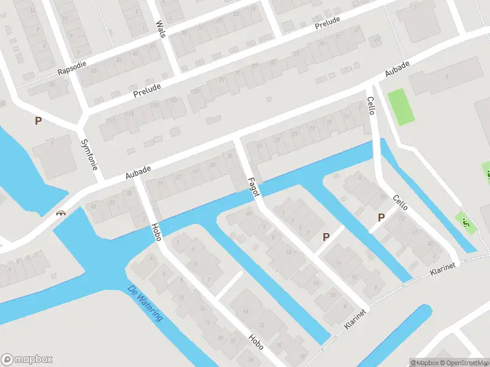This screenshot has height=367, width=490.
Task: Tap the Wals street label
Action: pyautogui.click(x=161, y=28)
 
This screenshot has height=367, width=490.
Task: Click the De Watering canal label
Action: pyautogui.click(x=146, y=304)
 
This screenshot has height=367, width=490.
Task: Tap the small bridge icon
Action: pyautogui.click(x=61, y=213)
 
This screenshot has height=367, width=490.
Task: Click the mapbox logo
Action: pyautogui.click(x=27, y=359)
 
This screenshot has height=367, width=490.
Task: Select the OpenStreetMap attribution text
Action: pyautogui.click(x=464, y=362)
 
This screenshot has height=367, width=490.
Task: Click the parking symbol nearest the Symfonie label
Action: pyautogui.click(x=38, y=121)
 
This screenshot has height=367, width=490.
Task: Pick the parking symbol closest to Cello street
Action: pyautogui.click(x=381, y=217)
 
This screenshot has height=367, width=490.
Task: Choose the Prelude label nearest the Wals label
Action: pyautogui.click(x=146, y=91)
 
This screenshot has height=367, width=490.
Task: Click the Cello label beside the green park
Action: pyautogui.click(x=370, y=108)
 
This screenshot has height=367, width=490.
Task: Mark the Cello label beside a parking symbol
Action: pyautogui.click(x=401, y=203)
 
